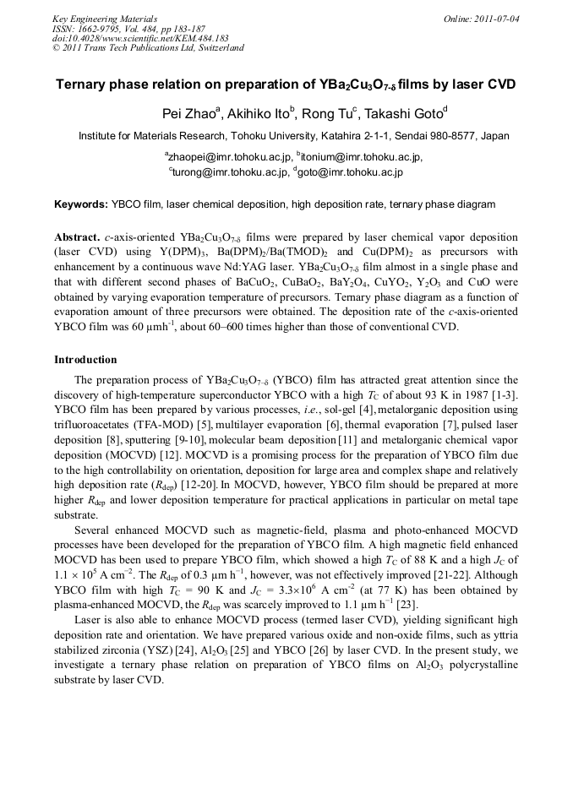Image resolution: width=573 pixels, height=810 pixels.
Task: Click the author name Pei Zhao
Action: pyautogui.click(x=189, y=113)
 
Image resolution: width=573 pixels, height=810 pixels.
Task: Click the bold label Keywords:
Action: pyautogui.click(x=81, y=204)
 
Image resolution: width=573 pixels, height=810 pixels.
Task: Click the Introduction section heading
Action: pyautogui.click(x=85, y=360)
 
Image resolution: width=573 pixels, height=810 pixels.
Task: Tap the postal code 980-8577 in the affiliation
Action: pyautogui.click(x=456, y=136)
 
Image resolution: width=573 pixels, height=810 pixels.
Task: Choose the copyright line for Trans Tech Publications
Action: pyautogui.click(x=148, y=48)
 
